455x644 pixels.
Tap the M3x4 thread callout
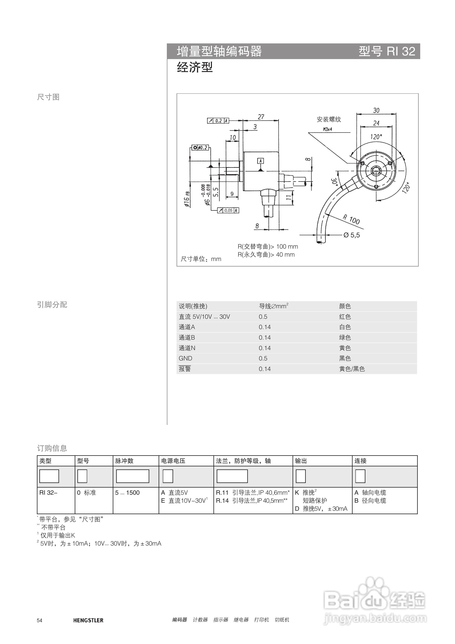pyautogui.click(x=327, y=129)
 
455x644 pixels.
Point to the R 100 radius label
pyautogui.click(x=351, y=219)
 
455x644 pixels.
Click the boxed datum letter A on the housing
pyautogui.click(x=261, y=161)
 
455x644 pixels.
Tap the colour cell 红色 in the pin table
pyautogui.click(x=345, y=317)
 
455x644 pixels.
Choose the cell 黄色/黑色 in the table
pyautogui.click(x=352, y=369)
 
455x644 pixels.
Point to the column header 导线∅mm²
pyautogui.click(x=273, y=306)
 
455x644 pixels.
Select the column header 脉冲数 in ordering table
pyautogui.click(x=124, y=461)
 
